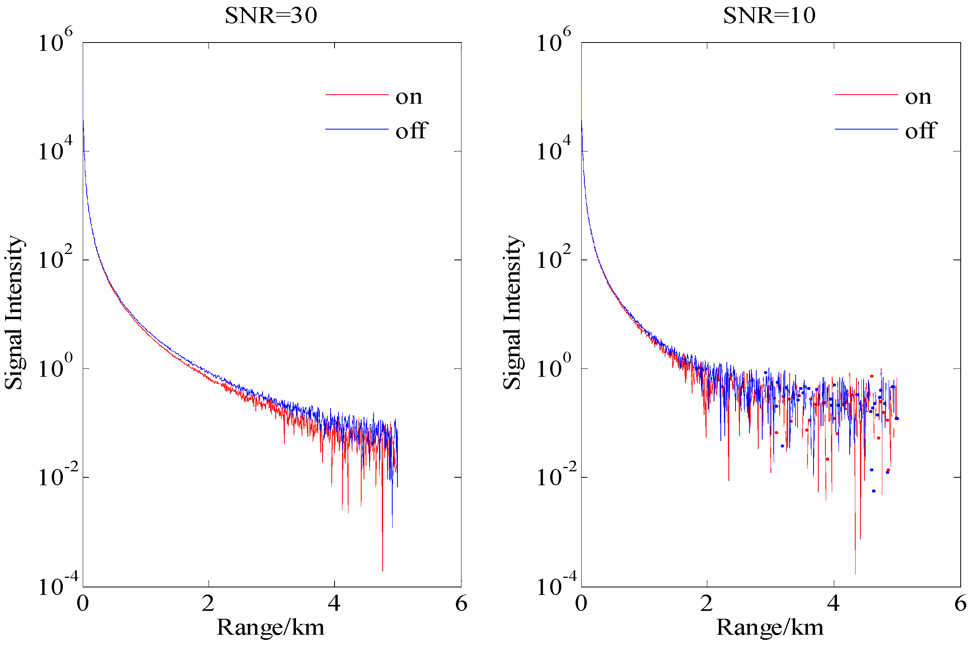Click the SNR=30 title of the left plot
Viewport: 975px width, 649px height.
click(271, 16)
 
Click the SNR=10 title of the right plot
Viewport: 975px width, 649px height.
click(769, 16)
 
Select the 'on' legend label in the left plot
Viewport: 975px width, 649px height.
click(409, 97)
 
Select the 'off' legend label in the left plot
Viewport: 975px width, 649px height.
click(411, 131)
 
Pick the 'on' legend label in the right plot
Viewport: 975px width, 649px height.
click(918, 97)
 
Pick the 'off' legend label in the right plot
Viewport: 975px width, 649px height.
click(921, 131)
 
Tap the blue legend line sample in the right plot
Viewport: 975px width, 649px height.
click(866, 129)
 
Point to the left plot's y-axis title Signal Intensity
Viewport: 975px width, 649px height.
click(14, 312)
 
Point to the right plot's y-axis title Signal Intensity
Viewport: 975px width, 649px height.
click(512, 312)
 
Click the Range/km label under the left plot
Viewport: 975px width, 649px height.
click(271, 627)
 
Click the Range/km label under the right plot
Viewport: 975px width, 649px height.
click(770, 627)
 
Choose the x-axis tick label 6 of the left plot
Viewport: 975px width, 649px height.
click(461, 603)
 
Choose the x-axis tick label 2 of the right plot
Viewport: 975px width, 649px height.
click(706, 603)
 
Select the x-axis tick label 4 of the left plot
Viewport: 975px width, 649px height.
click(334, 603)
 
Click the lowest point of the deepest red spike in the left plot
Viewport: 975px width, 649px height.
click(382, 571)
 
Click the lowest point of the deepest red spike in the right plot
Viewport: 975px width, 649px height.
click(855, 573)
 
